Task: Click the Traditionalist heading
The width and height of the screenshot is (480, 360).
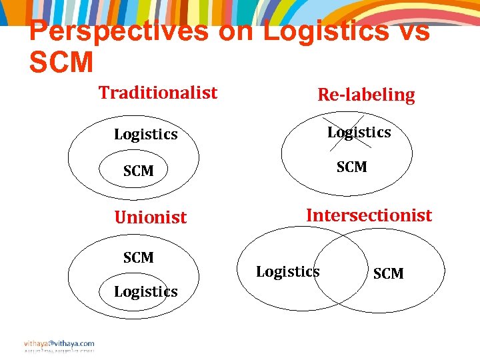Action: (x=158, y=93)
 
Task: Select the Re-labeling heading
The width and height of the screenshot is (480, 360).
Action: (x=366, y=95)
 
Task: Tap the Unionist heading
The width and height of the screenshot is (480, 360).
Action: (x=151, y=217)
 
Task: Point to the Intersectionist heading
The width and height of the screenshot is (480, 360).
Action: (x=369, y=215)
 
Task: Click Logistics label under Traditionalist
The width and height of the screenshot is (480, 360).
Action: (x=145, y=134)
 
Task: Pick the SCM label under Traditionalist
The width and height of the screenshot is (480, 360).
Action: (x=139, y=171)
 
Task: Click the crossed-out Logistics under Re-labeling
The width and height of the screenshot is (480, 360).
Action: (x=359, y=132)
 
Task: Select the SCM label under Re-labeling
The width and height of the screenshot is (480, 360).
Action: (x=351, y=167)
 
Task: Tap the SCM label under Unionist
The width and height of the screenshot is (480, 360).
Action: (x=139, y=257)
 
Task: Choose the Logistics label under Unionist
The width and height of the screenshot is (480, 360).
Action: (x=145, y=291)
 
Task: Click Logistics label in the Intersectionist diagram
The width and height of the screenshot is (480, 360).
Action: (x=288, y=271)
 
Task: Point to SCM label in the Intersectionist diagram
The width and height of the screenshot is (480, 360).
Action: (x=389, y=273)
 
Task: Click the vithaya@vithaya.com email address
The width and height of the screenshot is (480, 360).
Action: (x=59, y=343)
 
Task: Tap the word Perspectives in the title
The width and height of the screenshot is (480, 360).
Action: (x=119, y=31)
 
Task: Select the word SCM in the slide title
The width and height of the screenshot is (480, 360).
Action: (x=61, y=62)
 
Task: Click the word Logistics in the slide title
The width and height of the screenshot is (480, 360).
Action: (x=326, y=31)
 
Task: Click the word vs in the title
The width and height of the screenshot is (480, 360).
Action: (x=413, y=31)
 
